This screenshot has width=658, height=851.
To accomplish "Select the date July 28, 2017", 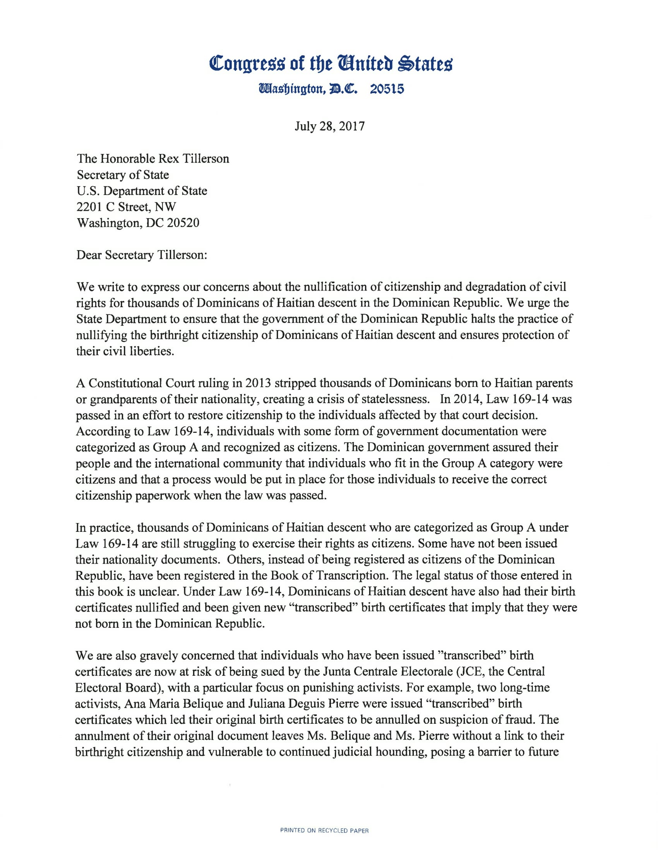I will [x=329, y=126].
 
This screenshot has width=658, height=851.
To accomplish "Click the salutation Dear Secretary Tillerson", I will [x=142, y=255].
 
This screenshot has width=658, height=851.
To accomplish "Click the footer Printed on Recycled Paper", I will [x=324, y=831].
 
